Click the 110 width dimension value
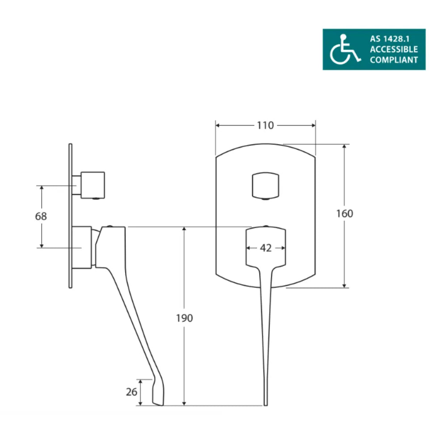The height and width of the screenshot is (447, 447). pos(265,126)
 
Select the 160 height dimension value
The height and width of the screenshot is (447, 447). pos(345,214)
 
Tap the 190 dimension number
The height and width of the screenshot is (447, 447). pos(185,318)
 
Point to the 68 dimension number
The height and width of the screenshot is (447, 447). pos(41,216)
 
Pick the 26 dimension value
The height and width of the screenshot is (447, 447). pos(131,392)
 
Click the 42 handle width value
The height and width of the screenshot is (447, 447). pos(266,248)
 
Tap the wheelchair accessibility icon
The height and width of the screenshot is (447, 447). pos(345,49)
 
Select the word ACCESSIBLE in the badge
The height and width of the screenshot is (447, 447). pos(394,49)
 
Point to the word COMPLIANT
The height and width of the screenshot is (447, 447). pos(394,60)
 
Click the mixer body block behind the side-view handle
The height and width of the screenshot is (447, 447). pos(83,247)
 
